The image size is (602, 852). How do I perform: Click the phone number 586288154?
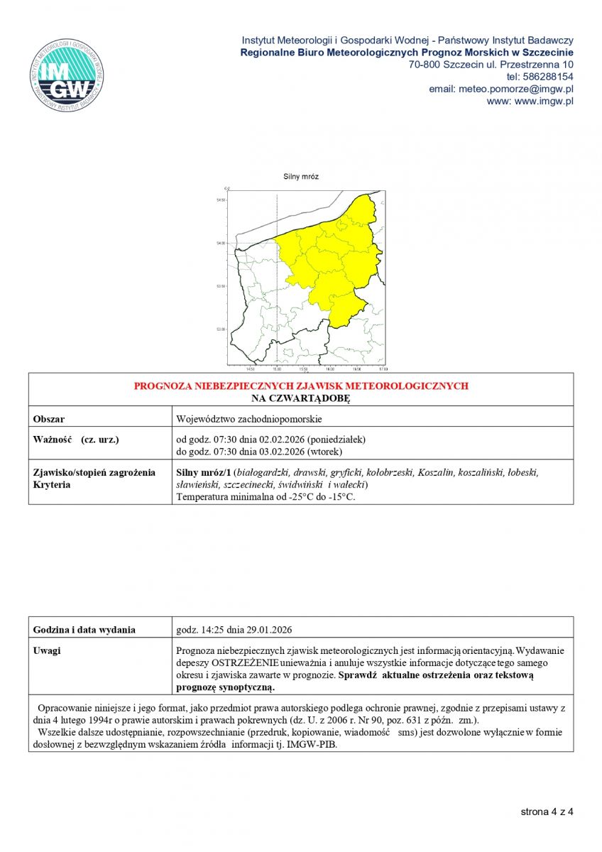[x=540, y=77]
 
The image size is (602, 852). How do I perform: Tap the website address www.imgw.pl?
[x=543, y=101]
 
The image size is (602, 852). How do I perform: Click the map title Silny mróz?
[x=300, y=177]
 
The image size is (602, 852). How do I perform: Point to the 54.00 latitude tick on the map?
[x=220, y=243]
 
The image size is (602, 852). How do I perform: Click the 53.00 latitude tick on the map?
[x=220, y=329]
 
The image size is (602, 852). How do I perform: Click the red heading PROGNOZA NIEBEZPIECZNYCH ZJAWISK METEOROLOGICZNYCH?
[x=301, y=386]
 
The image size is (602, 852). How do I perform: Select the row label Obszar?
[x=49, y=419]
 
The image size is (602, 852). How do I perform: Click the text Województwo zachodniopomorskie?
[x=249, y=419]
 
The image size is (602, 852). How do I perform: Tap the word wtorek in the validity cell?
[x=327, y=452]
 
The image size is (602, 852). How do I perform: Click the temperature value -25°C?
[x=273, y=496]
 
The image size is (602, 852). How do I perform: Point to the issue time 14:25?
[x=207, y=630]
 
